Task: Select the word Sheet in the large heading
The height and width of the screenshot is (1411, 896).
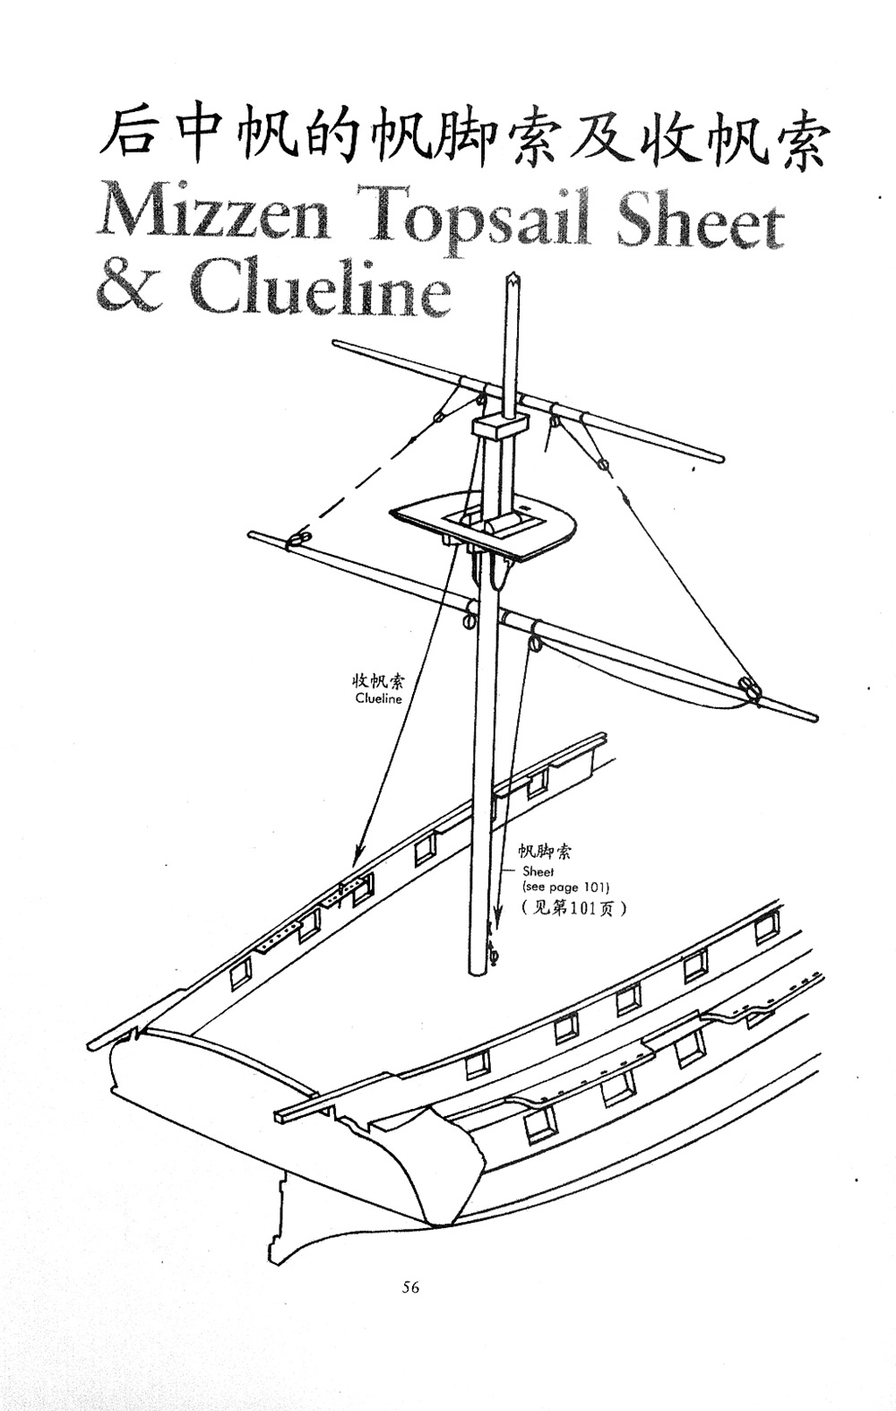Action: tap(701, 219)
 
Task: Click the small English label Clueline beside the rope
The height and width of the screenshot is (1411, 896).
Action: tap(378, 699)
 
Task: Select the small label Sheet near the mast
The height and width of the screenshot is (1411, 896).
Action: tap(538, 871)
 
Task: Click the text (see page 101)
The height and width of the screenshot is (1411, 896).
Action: tap(565, 887)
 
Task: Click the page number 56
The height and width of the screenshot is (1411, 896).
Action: tap(410, 1287)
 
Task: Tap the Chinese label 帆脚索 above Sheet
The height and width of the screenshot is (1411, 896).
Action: tap(544, 853)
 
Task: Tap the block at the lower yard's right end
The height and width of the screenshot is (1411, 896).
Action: tap(745, 689)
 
